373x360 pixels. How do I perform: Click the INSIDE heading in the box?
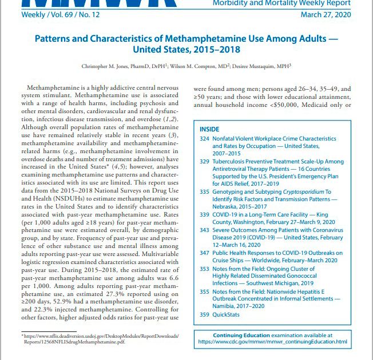pyautogui.click(x=209, y=130)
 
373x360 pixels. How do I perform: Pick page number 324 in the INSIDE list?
pyautogui.click(x=204, y=139)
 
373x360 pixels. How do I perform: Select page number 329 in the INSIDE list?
pyautogui.click(x=204, y=162)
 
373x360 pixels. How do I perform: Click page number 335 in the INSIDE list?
pyautogui.click(x=204, y=193)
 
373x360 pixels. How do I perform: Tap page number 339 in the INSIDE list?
pyautogui.click(x=204, y=215)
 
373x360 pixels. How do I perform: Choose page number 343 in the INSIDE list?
pyautogui.click(x=204, y=230)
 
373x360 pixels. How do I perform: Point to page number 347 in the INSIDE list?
pyautogui.click(x=204, y=253)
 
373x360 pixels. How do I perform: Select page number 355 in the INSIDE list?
pyautogui.click(x=204, y=291)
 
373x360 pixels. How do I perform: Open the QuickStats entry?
pyautogui.click(x=227, y=314)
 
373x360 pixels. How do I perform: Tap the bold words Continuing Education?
pyautogui.click(x=242, y=335)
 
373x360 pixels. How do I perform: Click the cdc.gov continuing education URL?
pyautogui.click(x=272, y=342)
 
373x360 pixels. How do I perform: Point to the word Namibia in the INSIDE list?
pyautogui.click(x=225, y=306)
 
